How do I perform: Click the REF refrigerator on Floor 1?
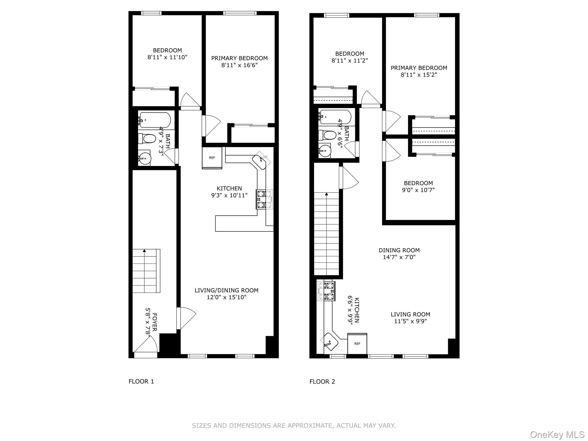tap(212, 158)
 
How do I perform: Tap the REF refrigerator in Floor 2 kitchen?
tap(357, 344)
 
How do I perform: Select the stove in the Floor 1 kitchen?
tap(264, 199)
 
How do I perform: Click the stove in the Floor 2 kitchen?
tap(327, 291)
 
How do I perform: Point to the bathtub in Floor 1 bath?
tap(155, 120)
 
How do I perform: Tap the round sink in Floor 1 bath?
tap(145, 158)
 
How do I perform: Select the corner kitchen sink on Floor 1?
tap(261, 161)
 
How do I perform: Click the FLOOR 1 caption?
tap(141, 382)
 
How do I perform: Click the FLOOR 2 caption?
tap(322, 382)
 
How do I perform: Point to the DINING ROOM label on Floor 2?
tap(399, 250)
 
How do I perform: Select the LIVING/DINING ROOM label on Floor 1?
tap(227, 290)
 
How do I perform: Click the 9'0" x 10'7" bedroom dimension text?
tap(418, 190)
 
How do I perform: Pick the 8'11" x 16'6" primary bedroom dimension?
tap(239, 65)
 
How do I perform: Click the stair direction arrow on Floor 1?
tap(144, 251)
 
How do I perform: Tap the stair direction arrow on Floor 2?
tap(326, 194)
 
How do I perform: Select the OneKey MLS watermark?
tap(557, 435)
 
